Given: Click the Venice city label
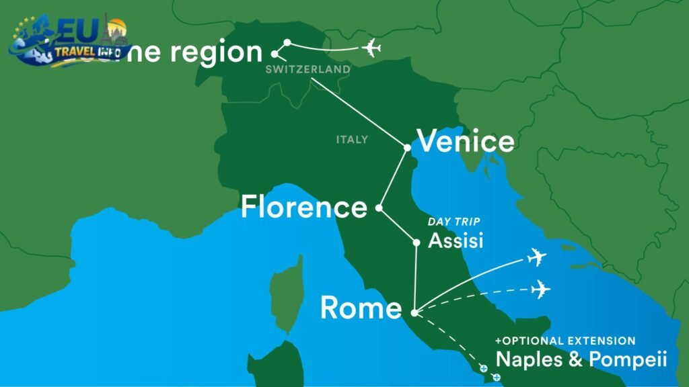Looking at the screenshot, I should pyautogui.click(x=466, y=142).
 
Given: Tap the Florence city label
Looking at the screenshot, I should pyautogui.click(x=304, y=207).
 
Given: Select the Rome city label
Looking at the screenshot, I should pyautogui.click(x=361, y=308).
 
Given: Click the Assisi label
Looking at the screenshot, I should pyautogui.click(x=456, y=241).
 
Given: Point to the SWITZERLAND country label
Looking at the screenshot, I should pyautogui.click(x=308, y=69).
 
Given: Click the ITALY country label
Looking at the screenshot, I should pyautogui.click(x=352, y=140).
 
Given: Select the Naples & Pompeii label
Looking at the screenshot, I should pyautogui.click(x=581, y=359).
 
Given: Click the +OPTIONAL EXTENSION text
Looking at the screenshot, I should pyautogui.click(x=565, y=341).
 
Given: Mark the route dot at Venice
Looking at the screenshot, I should pyautogui.click(x=407, y=147).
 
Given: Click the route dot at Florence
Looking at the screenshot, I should pyautogui.click(x=379, y=208).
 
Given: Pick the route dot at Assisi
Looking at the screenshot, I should pyautogui.click(x=416, y=242).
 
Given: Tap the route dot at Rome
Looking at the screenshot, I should pyautogui.click(x=414, y=312).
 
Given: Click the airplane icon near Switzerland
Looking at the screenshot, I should pyautogui.click(x=371, y=48).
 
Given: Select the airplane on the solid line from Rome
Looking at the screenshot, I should pyautogui.click(x=536, y=257).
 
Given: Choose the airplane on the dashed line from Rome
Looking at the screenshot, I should pyautogui.click(x=540, y=290).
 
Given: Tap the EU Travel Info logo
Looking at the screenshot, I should pyautogui.click(x=67, y=40).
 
